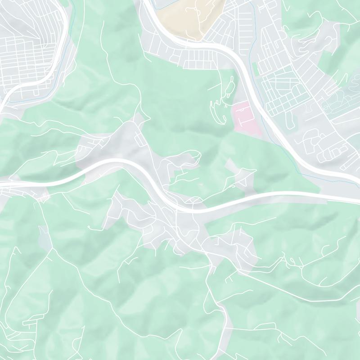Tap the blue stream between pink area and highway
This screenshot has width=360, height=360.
click(x=265, y=130)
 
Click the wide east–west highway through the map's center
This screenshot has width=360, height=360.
click(x=270, y=194)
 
